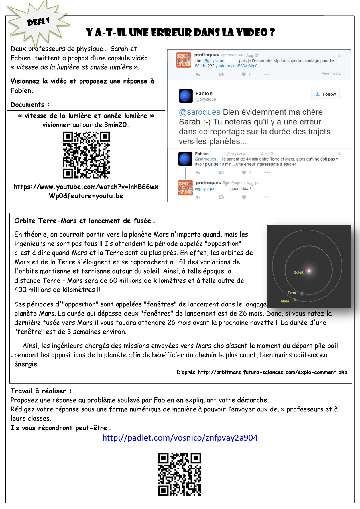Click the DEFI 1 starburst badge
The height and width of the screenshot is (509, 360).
38,22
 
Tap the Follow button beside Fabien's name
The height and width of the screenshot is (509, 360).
325,94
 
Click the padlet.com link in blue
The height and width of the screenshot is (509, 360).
180,438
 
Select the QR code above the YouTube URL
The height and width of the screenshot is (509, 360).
86,155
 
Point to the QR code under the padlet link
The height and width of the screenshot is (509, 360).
180,474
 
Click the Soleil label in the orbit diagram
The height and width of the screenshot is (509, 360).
298,272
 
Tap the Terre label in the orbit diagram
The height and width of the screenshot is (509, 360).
292,292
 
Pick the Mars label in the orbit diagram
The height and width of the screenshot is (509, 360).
285,301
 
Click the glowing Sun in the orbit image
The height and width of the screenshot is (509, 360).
309,270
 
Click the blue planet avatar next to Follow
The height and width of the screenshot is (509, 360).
186,96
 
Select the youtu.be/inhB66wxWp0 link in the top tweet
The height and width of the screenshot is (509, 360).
236,66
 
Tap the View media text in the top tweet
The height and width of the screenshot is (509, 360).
331,74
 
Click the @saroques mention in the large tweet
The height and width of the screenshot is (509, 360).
200,112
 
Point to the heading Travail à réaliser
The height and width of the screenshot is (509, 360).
41,391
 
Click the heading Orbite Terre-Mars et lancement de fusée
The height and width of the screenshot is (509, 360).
85,221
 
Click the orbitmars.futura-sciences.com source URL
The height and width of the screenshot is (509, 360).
272,372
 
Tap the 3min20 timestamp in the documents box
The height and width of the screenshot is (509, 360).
116,125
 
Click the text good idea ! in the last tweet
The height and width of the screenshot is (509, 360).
240,189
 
